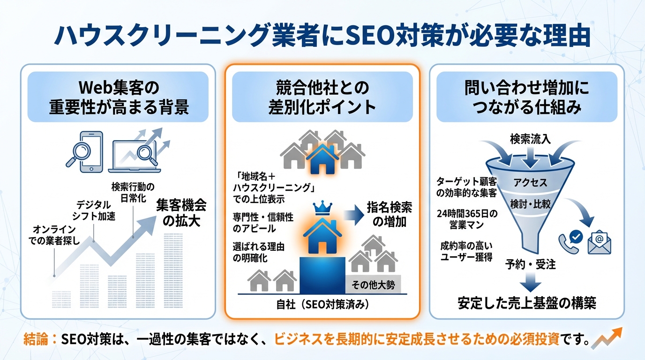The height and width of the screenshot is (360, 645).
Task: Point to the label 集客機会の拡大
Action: (181, 213)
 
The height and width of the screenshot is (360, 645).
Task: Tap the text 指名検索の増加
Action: (390, 215)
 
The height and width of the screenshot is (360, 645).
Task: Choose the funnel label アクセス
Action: (530, 182)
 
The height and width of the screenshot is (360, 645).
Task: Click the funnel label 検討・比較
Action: (530, 203)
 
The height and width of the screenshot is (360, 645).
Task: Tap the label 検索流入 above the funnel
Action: (530, 139)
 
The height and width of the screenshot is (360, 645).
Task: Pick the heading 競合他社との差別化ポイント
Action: (322, 97)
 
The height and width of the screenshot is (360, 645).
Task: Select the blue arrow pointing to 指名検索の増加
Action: (355, 215)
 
